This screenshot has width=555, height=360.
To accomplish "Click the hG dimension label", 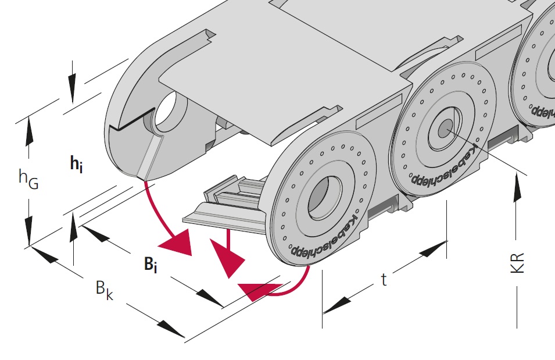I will coord(28,179).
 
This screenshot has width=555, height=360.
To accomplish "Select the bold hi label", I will coord(76,165).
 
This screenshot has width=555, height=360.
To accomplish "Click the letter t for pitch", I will coord(384,280).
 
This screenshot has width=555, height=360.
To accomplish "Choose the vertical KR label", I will coord(520,262).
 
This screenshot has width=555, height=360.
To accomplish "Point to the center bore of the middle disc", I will coord(445,129).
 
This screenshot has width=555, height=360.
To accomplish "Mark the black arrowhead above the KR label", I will coord(515,190).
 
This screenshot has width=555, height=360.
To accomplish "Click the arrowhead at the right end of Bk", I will coord(171,329).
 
